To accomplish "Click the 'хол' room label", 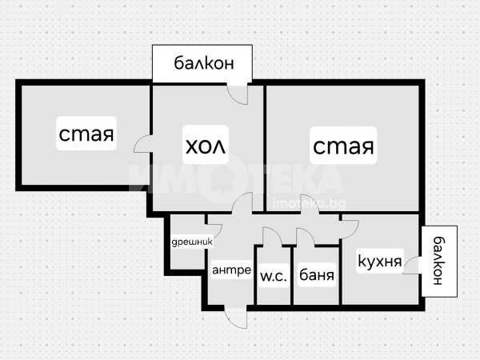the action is pyautogui.click(x=206, y=146).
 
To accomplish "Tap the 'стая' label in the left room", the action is pyautogui.click(x=86, y=134).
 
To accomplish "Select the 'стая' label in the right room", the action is pyautogui.click(x=343, y=146).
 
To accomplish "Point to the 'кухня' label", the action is pyautogui.click(x=379, y=262).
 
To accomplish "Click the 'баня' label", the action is pyautogui.click(x=317, y=274).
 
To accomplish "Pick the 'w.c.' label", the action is pyautogui.click(x=274, y=277).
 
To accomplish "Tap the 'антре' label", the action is pyautogui.click(x=231, y=270).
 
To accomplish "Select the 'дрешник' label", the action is pyautogui.click(x=192, y=242).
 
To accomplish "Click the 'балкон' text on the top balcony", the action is pyautogui.click(x=204, y=63).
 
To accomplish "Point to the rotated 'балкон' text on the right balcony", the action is pyautogui.click(x=439, y=261).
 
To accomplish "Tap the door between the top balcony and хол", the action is pyautogui.click(x=238, y=94).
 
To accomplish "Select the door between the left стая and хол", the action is pyautogui.click(x=142, y=144).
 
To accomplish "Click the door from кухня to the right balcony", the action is pyautogui.click(x=411, y=265).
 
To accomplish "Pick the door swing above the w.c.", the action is pyautogui.click(x=272, y=236).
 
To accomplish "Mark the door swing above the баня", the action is pyautogui.click(x=306, y=237).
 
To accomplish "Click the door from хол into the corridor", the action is pyautogui.click(x=242, y=202).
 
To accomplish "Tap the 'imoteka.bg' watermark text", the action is pyautogui.click(x=309, y=203).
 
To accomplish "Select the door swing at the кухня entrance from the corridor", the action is pyautogui.click(x=349, y=230).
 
